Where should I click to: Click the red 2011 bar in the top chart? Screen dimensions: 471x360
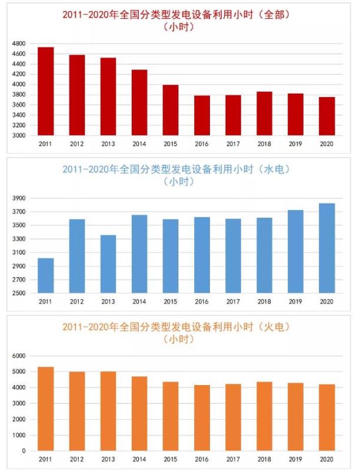46,91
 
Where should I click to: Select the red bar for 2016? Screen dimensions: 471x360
202,115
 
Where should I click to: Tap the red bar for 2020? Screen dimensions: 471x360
326,116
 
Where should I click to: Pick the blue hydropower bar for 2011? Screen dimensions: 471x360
46,276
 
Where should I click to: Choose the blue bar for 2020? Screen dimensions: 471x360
326,248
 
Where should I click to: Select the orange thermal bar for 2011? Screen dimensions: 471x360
46,409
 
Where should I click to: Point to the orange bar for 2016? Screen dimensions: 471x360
202,418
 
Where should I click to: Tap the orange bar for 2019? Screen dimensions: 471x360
295,417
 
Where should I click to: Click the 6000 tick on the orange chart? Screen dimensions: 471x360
19,356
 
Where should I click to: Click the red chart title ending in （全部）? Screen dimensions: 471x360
180,14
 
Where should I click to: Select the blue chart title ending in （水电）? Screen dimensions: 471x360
180,170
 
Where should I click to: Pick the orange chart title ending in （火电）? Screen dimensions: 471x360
180,327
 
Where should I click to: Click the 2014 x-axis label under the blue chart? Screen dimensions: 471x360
139,301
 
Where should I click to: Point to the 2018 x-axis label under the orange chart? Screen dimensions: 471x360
264,459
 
